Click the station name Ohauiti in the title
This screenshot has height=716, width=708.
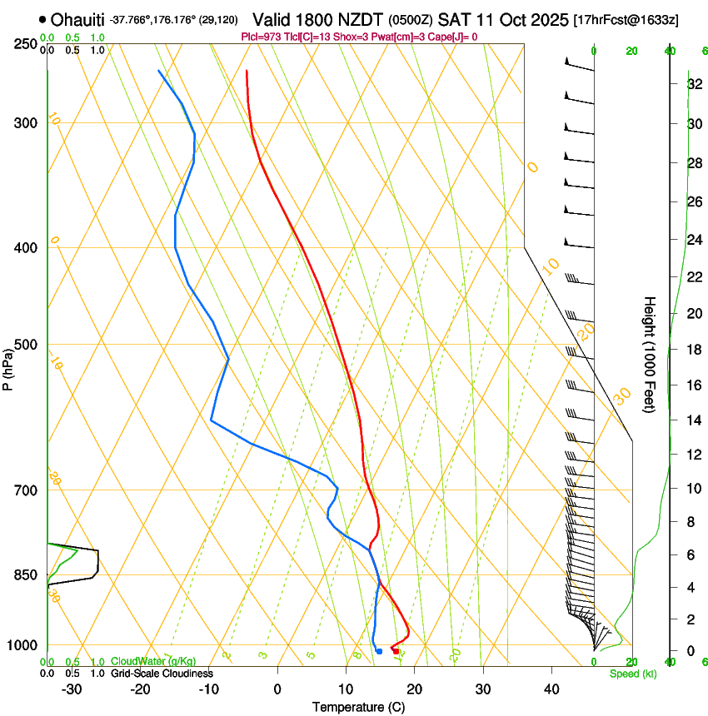tap(78, 19)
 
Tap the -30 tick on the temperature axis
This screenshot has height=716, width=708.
tap(72, 689)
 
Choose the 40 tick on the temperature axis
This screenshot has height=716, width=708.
tap(551, 689)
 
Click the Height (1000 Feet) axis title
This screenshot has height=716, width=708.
tap(651, 354)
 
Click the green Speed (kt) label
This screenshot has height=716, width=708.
tap(632, 674)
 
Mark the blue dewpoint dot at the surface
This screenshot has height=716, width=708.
tap(379, 651)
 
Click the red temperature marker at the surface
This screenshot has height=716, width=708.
tap(396, 651)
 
